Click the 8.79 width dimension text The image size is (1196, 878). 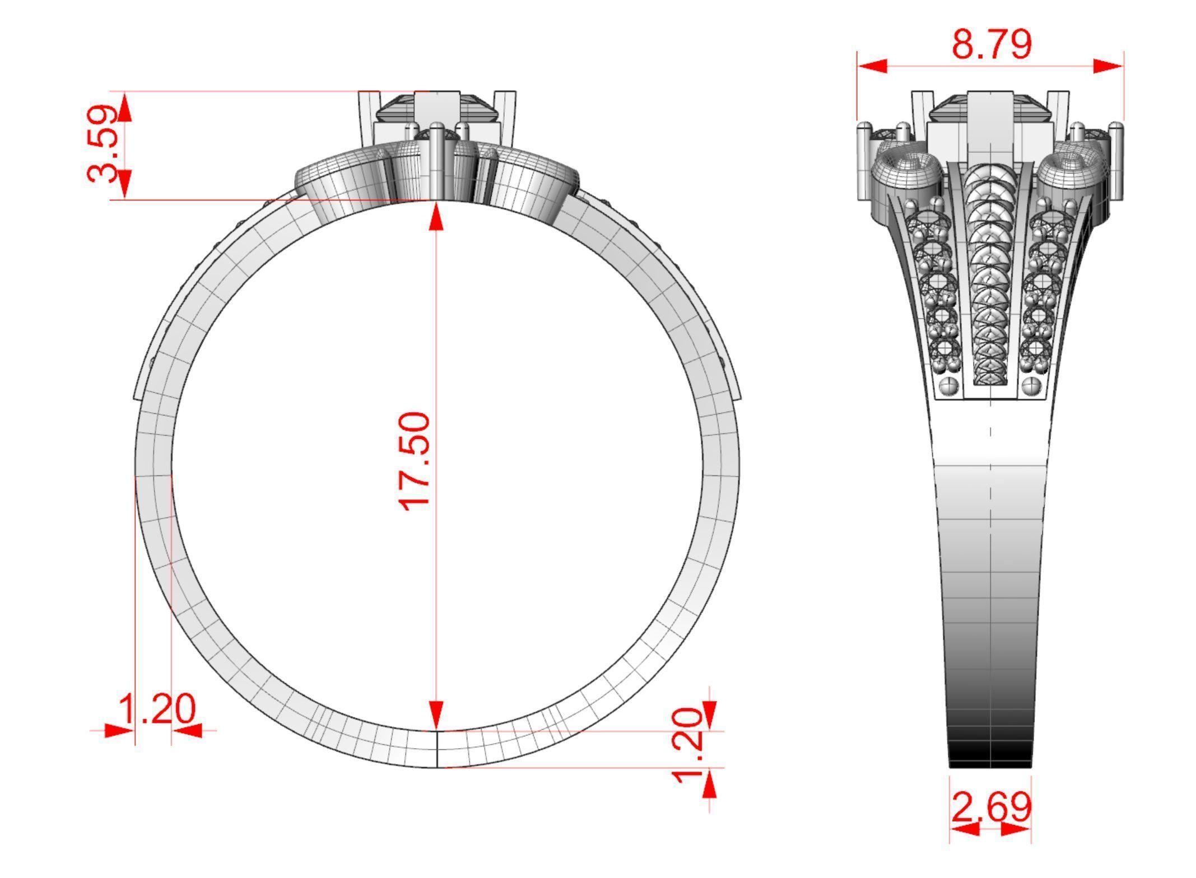tap(991, 45)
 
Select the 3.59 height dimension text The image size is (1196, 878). tap(104, 144)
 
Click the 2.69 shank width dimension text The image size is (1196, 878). tap(991, 807)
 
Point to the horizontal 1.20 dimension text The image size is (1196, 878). tap(157, 709)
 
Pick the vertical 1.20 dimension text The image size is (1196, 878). tap(687, 745)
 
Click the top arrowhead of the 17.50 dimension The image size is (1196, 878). tap(436, 216)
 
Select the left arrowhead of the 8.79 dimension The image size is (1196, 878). tap(873, 67)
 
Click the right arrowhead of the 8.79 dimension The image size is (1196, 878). tap(1107, 67)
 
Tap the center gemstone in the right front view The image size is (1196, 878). tap(990, 109)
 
